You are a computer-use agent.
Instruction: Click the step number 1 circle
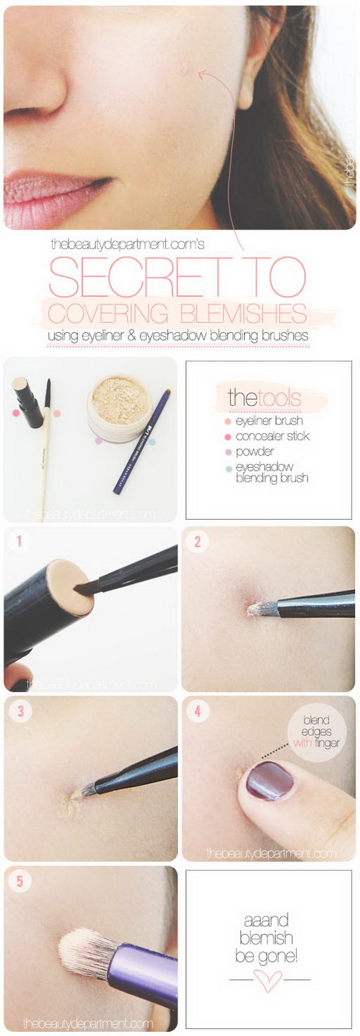19,541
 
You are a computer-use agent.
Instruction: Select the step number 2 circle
197,541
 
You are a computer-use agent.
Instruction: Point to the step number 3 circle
20,711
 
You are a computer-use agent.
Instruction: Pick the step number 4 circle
197,711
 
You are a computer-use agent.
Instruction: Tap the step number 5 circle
20,881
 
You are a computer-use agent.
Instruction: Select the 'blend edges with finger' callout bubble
316,732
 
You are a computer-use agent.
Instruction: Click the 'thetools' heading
263,397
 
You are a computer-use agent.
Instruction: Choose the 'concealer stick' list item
272,436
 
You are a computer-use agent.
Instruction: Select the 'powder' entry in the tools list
254,451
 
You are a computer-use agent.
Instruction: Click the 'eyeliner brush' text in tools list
269,421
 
